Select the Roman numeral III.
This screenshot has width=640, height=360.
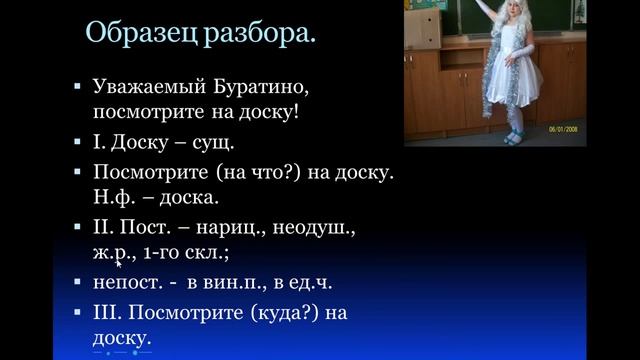[107, 312]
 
